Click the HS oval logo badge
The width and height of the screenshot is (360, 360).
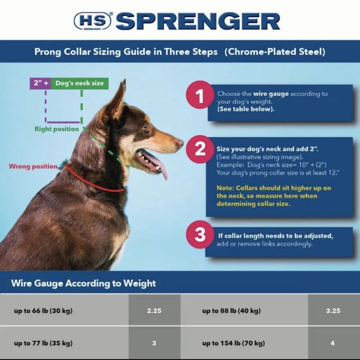click(92, 21)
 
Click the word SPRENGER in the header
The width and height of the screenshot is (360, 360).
click(198, 21)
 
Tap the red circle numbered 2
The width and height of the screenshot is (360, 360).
click(199, 149)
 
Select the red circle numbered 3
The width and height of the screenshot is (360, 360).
click(200, 234)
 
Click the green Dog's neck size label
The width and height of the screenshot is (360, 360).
click(79, 83)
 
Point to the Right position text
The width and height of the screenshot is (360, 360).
click(57, 129)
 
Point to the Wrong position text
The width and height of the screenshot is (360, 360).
click(33, 166)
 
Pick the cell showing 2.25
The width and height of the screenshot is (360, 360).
click(154, 311)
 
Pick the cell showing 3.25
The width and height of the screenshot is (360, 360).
click(333, 311)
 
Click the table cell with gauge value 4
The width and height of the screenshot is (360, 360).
click(333, 343)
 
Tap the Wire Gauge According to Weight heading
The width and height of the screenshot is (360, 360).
click(83, 283)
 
